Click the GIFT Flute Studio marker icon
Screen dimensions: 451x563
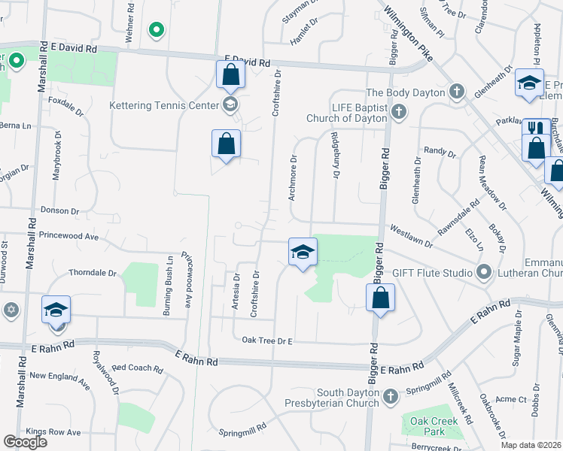tap(483, 271)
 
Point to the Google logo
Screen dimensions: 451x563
tap(26, 442)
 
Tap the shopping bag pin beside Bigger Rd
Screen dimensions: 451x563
tap(381, 298)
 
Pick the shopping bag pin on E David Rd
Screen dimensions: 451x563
tap(230, 75)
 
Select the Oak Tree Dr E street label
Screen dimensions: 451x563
tap(266, 341)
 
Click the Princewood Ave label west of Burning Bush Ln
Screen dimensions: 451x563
tap(70, 236)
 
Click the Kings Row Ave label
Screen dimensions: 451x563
tap(53, 432)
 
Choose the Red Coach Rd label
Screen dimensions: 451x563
tap(137, 369)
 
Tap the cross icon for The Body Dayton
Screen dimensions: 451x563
tap(455, 92)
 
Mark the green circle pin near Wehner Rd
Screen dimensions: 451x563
tap(156, 30)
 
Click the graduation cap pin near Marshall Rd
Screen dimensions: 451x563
tap(56, 310)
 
